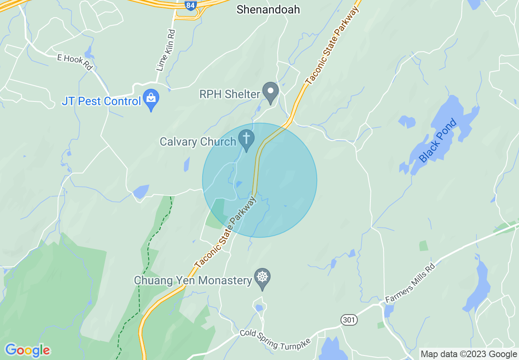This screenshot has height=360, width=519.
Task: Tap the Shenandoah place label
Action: click(268, 9)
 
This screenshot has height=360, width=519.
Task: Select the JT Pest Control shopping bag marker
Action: click(151, 99)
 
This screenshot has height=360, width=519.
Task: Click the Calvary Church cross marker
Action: click(246, 139)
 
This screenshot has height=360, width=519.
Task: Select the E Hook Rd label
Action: click(75, 62)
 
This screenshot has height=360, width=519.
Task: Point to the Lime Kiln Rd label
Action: click(166, 50)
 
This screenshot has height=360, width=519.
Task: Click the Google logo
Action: click(27, 350)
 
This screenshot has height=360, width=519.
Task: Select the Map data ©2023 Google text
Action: click(469, 354)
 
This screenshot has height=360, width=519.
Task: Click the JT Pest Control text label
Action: click(101, 101)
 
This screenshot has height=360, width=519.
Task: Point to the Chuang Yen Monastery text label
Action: click(193, 281)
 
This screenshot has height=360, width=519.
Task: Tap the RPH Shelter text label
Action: click(230, 94)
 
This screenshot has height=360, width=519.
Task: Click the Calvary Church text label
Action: click(198, 142)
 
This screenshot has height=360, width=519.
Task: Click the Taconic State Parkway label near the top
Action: click(332, 45)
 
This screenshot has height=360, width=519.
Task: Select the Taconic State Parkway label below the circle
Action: click(226, 232)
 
